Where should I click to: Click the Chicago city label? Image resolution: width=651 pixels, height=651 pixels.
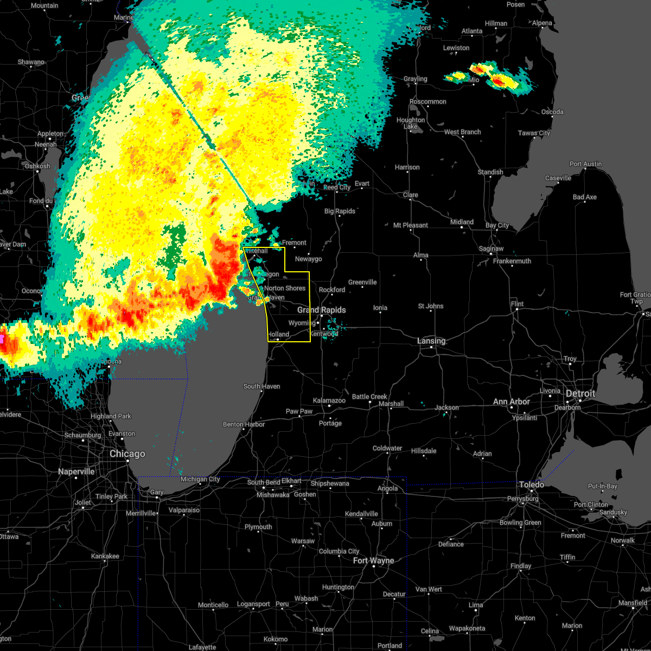[x=127, y=454]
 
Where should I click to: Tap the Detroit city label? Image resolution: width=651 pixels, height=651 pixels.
[x=580, y=394]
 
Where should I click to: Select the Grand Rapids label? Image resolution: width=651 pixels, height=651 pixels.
[x=321, y=310]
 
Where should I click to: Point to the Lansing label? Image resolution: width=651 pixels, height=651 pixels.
[x=431, y=341]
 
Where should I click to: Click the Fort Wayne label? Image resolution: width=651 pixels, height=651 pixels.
[x=374, y=561]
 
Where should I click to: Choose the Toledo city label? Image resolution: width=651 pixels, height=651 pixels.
[x=532, y=484]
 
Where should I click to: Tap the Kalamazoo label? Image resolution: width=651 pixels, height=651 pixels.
[x=329, y=401]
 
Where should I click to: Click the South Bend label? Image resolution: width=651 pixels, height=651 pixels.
[x=263, y=483]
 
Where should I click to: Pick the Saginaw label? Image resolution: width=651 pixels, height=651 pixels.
[x=490, y=249]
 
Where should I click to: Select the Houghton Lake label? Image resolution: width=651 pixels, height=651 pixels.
[x=411, y=123]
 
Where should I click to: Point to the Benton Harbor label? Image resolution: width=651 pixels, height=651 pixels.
[x=244, y=425]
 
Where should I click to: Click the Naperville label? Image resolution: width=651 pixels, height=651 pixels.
[x=76, y=472]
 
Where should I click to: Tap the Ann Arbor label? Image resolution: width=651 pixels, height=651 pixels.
[x=512, y=402]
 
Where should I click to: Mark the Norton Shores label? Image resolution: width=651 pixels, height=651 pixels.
[x=285, y=289]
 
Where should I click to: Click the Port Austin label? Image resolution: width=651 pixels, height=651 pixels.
[x=586, y=164]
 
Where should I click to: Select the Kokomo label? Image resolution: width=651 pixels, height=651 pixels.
[x=276, y=640]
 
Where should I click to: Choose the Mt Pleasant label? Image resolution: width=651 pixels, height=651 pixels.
[x=411, y=226]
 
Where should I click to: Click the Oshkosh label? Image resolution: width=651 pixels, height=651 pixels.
[x=37, y=167]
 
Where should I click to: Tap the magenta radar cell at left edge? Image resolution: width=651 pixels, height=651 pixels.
[x=2, y=339]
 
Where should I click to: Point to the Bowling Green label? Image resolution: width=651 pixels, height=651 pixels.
[x=520, y=523]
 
